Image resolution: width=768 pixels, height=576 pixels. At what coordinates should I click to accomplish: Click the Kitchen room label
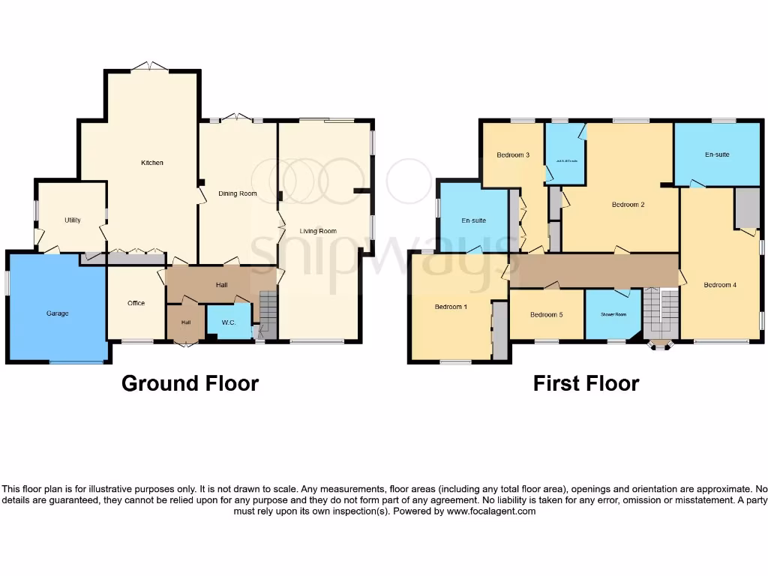click(152, 163)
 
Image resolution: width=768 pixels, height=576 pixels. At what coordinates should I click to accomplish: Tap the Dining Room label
click(238, 193)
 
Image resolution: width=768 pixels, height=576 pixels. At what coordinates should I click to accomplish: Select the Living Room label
click(318, 231)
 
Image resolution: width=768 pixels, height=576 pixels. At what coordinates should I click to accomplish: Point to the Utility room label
click(72, 220)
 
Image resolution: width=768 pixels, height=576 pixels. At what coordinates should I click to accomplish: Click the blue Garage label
click(57, 313)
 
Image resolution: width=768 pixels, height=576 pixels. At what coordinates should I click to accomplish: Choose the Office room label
click(136, 303)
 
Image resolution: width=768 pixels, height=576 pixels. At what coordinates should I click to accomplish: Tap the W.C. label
click(229, 322)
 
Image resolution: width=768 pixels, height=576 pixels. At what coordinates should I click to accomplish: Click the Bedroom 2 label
click(628, 204)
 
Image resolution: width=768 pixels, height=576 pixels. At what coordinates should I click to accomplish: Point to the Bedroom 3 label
click(513, 155)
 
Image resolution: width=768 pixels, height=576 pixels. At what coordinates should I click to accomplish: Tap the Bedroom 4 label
click(720, 285)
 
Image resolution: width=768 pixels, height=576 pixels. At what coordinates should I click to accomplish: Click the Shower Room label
click(613, 314)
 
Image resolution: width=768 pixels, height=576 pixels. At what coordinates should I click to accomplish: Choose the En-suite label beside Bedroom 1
click(473, 220)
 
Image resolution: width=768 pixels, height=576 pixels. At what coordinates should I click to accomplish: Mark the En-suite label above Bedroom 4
click(716, 154)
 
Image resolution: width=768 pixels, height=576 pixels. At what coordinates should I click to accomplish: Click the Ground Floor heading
click(190, 383)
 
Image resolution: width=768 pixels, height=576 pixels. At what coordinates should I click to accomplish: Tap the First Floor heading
click(586, 383)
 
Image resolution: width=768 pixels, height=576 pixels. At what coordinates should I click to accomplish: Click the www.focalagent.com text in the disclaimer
click(491, 511)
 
